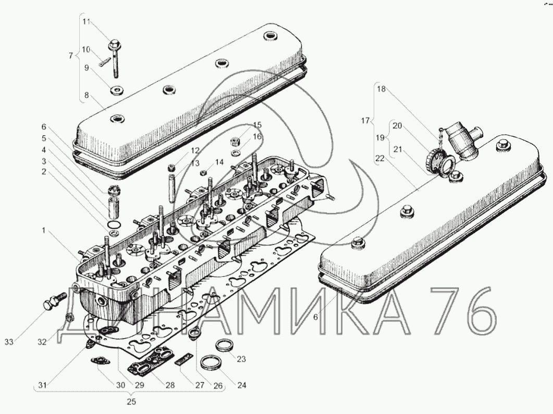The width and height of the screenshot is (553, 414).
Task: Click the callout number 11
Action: click(87, 21)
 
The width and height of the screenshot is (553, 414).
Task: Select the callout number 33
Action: click(9, 342)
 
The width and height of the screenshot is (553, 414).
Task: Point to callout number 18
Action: click(382, 89)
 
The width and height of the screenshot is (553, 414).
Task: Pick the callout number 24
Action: click(241, 385)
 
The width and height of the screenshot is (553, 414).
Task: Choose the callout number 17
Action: click(365, 121)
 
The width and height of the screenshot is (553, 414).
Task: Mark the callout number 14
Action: click(219, 162)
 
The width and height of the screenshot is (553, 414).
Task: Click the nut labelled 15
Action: click(235, 141)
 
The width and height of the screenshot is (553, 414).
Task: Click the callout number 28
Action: click(170, 385)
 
